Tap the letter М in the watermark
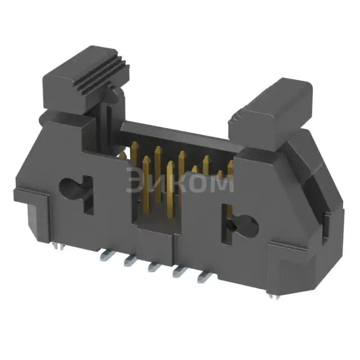click(x=223, y=182)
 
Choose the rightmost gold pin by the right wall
click(x=230, y=166)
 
